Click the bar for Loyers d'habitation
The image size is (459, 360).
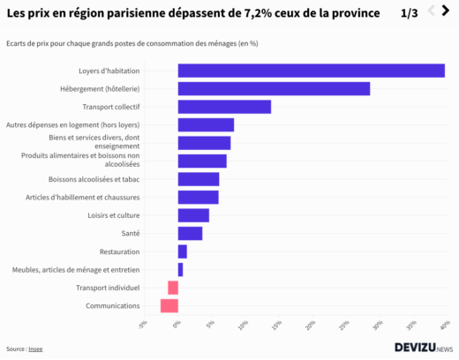pyautogui.click(x=311, y=71)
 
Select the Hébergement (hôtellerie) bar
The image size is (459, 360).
pyautogui.click(x=274, y=88)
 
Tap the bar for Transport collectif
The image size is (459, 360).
pyautogui.click(x=224, y=107)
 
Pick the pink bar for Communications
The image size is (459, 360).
pyautogui.click(x=169, y=305)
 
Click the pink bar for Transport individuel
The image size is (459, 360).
pyautogui.click(x=173, y=288)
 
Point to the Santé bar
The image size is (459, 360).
pyautogui.click(x=190, y=233)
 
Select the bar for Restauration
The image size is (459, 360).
pyautogui.click(x=183, y=251)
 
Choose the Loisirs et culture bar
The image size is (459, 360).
pyautogui.click(x=193, y=215)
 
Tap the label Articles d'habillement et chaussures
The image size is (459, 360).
pyautogui.click(x=83, y=197)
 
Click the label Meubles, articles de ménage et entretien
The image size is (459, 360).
pyautogui.click(x=76, y=269)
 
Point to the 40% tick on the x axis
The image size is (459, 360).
pyautogui.click(x=443, y=325)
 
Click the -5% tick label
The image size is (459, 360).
pyautogui.click(x=142, y=325)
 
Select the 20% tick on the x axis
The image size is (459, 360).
pyautogui.click(x=310, y=325)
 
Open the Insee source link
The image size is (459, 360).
pyautogui.click(x=35, y=349)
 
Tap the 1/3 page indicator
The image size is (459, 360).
pyautogui.click(x=409, y=13)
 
